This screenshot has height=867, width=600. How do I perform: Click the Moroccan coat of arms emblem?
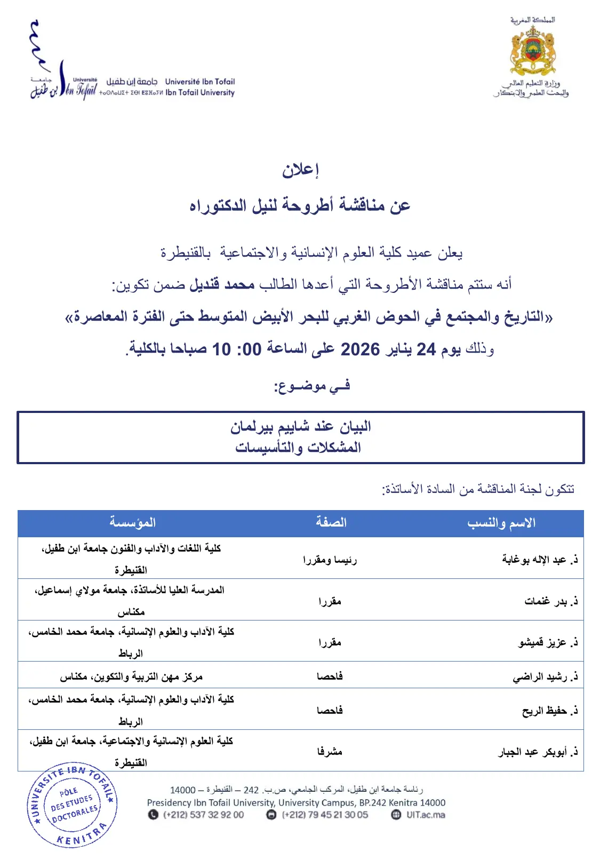(532, 51)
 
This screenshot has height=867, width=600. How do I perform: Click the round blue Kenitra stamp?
(72, 805)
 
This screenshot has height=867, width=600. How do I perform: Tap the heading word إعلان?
(300, 170)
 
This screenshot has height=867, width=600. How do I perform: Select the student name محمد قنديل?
(222, 284)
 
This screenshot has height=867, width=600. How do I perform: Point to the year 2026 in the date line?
(360, 349)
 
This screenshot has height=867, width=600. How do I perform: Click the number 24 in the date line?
(426, 349)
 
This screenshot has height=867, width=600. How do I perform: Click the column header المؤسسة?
(132, 523)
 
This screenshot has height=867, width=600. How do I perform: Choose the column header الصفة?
(331, 523)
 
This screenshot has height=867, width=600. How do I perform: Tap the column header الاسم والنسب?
(501, 523)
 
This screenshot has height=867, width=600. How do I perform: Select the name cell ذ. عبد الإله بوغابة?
(540, 559)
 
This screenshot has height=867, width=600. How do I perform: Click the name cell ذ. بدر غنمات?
(551, 601)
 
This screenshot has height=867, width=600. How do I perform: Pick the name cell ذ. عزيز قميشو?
(548, 642)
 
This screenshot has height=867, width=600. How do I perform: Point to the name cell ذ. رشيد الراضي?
(545, 677)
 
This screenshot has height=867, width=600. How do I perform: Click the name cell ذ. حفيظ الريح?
(550, 711)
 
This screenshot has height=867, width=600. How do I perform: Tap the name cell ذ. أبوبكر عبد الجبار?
(538, 752)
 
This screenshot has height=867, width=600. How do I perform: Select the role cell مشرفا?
(330, 752)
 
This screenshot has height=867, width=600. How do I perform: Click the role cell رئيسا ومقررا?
(330, 560)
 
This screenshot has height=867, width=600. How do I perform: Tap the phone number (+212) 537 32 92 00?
(203, 815)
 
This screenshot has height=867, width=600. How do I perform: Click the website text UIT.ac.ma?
(425, 815)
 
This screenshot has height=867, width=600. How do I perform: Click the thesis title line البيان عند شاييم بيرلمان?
(300, 427)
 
